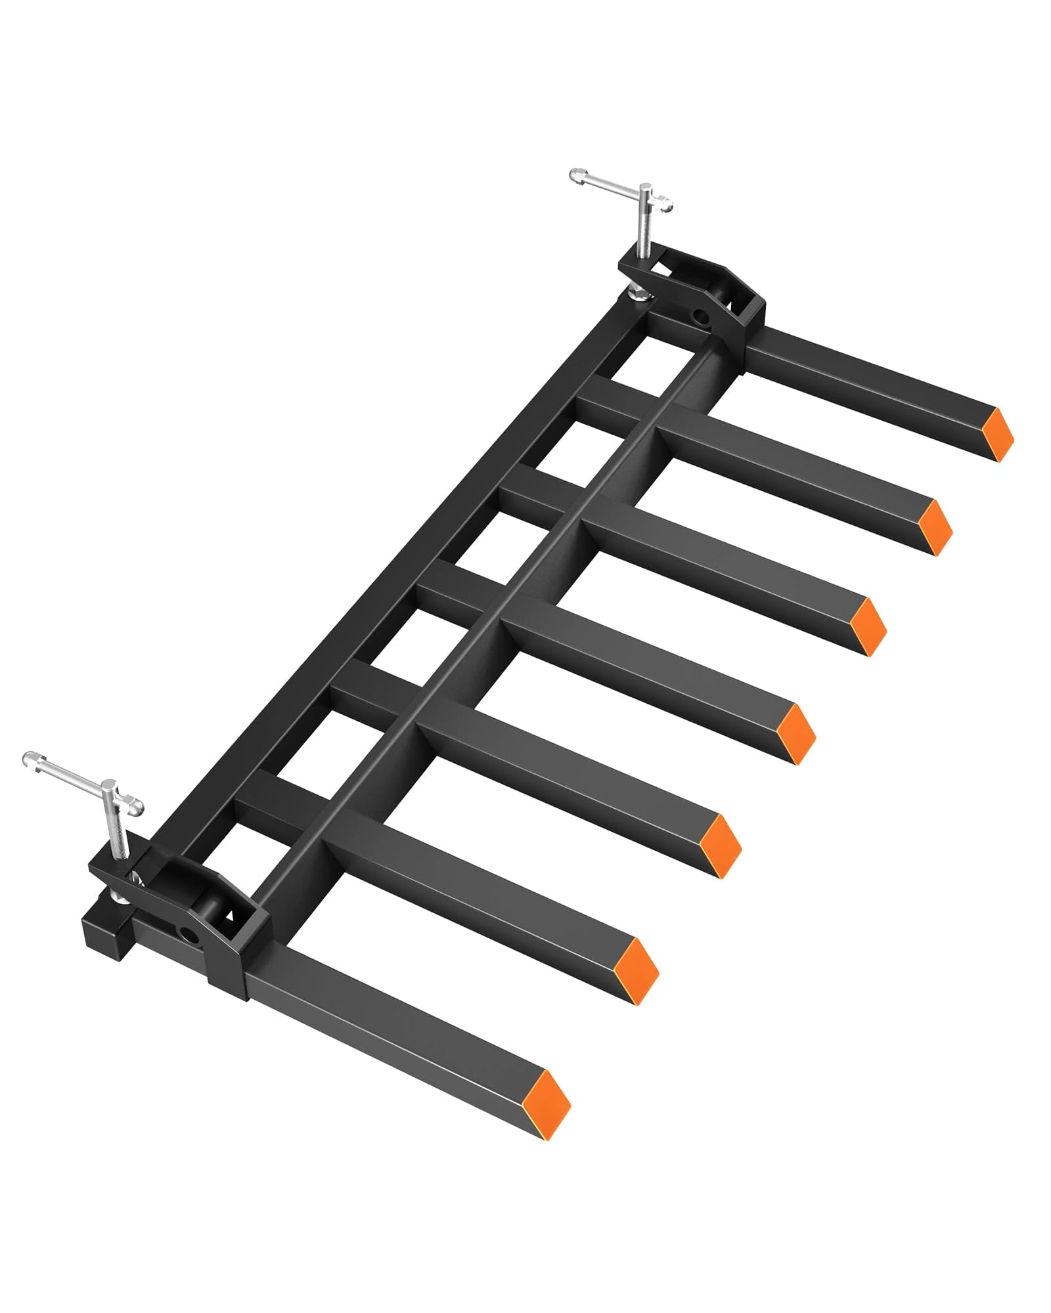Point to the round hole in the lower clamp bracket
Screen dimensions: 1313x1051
coord(189,934)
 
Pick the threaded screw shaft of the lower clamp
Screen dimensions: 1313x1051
coord(115,830)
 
